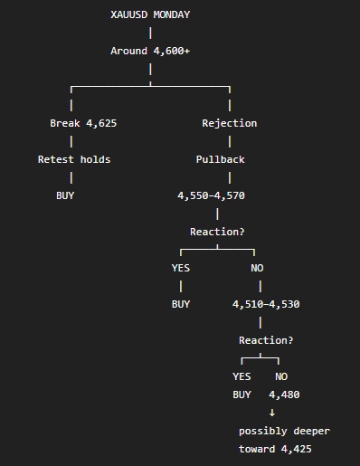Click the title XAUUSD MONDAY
click(x=150, y=14)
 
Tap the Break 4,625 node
click(x=83, y=123)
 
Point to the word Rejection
click(x=230, y=123)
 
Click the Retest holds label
click(x=74, y=159)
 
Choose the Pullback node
click(x=221, y=159)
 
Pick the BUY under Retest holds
click(x=65, y=195)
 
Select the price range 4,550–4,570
click(x=211, y=195)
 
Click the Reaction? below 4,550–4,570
click(x=217, y=232)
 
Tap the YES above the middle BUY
click(x=181, y=268)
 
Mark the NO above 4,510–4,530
click(x=257, y=268)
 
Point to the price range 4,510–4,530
click(x=266, y=304)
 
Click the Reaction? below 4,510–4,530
click(x=266, y=340)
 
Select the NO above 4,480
click(x=281, y=376)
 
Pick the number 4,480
click(x=284, y=395)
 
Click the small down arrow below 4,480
click(x=272, y=413)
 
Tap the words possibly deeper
click(x=284, y=431)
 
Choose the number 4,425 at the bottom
click(x=297, y=449)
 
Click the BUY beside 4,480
click(x=242, y=395)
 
